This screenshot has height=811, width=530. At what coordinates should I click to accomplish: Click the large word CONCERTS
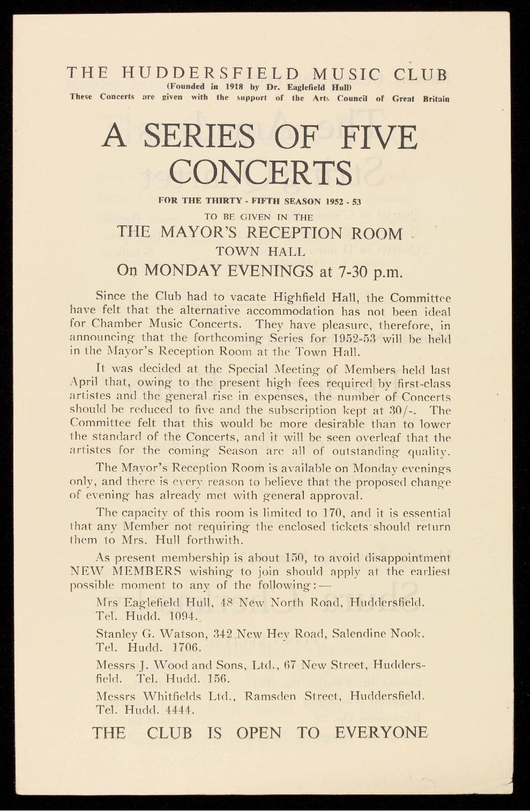pyautogui.click(x=261, y=171)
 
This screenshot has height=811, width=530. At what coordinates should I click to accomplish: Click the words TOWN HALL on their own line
pyautogui.click(x=260, y=251)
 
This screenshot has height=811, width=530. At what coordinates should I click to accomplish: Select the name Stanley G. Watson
pyautogui.click(x=148, y=634)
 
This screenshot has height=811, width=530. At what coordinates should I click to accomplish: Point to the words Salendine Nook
pyautogui.click(x=378, y=634)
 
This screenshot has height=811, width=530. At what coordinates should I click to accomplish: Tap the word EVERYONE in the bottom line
pyautogui.click(x=382, y=732)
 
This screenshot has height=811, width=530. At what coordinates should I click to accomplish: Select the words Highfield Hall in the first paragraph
pyautogui.click(x=317, y=296)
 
